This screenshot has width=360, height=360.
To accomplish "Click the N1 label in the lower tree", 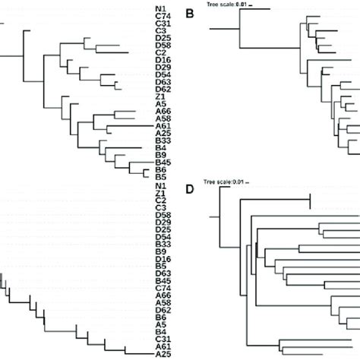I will click(159, 186).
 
